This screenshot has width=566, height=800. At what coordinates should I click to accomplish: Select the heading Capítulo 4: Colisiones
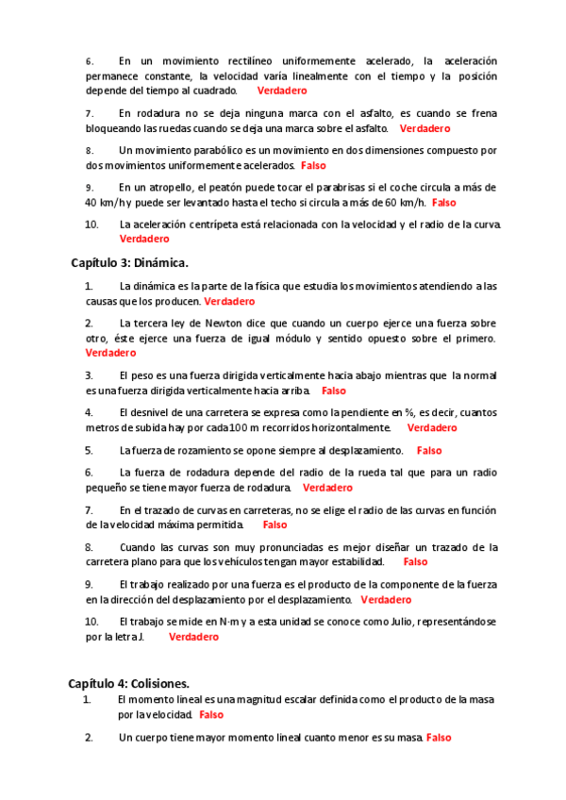128,682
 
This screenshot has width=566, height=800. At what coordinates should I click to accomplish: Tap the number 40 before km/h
92,202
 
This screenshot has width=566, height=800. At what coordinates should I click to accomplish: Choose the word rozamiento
203,451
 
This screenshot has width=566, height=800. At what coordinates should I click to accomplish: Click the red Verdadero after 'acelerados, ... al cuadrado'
282,91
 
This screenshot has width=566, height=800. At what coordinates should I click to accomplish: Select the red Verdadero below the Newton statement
110,353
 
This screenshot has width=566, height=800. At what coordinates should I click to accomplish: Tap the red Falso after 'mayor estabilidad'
415,561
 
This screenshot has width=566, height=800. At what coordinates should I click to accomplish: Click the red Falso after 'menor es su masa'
439,738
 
